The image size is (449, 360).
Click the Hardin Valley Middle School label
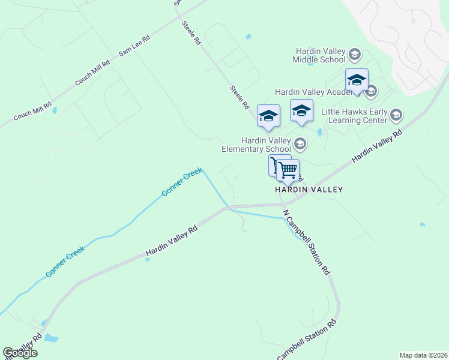319,55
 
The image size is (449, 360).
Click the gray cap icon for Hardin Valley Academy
371,92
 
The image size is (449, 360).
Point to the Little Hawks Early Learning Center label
354,116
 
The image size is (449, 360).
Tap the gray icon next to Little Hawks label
396,114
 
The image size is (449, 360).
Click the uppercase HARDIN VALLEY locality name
309,190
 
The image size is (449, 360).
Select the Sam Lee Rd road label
134,46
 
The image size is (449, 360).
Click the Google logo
20,353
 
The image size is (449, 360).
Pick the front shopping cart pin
288,170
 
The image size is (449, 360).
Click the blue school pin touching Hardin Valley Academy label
357,81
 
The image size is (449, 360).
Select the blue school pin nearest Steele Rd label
268,116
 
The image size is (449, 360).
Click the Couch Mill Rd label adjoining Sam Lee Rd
92,73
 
